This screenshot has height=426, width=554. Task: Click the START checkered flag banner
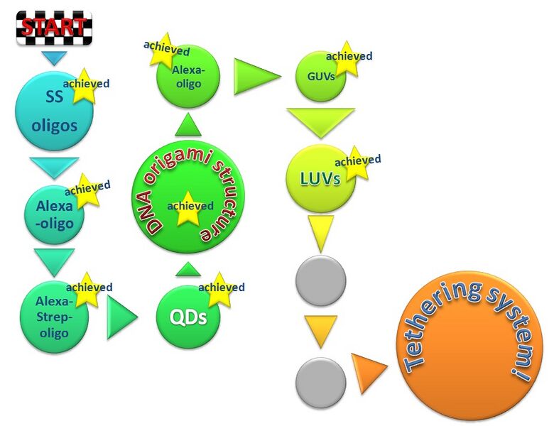tap(54, 28)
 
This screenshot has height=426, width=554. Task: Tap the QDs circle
tap(188, 316)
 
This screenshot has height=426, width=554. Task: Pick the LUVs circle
tap(320, 179)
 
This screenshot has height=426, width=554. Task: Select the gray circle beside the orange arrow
tap(320, 383)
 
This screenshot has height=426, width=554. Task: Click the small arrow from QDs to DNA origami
tap(188, 269)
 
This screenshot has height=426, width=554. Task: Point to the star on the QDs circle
tap(219, 289)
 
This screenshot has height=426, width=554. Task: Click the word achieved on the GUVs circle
tap(349, 57)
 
